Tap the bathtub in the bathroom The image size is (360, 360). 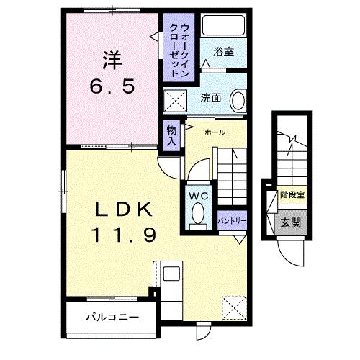222,26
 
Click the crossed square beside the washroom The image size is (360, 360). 174,100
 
